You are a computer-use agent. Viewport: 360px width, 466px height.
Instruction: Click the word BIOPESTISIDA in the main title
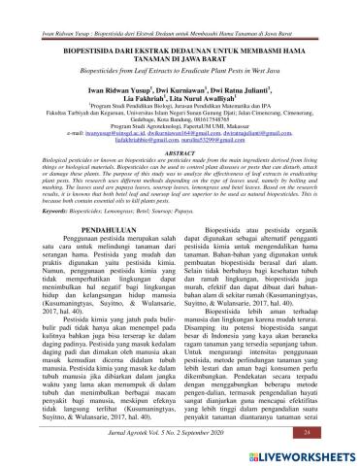93,46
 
